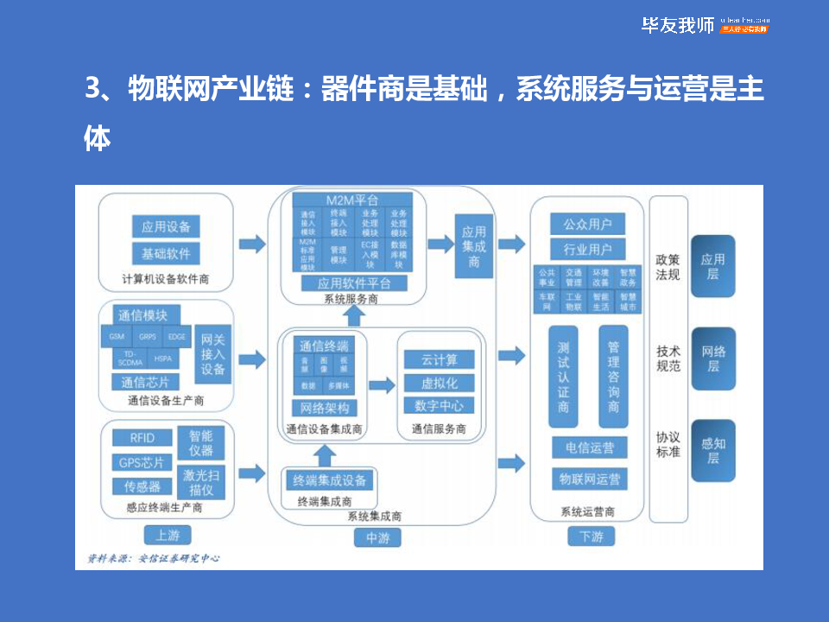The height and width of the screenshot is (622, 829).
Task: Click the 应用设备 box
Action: pyautogui.click(x=165, y=226)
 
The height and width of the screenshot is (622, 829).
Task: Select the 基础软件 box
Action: pyautogui.click(x=165, y=253)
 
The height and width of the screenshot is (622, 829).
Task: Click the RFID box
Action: pyautogui.click(x=142, y=438)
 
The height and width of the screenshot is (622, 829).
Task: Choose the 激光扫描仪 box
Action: pyautogui.click(x=200, y=483)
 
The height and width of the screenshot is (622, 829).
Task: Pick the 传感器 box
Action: pyautogui.click(x=142, y=486)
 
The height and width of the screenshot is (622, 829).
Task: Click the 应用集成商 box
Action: pyautogui.click(x=473, y=246)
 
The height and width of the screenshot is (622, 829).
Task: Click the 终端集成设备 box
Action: pyautogui.click(x=329, y=480)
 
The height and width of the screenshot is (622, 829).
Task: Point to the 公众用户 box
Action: pyautogui.click(x=587, y=224)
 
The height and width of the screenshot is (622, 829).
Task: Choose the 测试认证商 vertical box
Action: pyautogui.click(x=562, y=377)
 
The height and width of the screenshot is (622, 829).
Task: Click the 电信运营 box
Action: pyautogui.click(x=589, y=447)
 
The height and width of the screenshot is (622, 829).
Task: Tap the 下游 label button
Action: pyautogui.click(x=592, y=536)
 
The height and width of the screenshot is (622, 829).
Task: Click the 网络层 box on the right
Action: pyautogui.click(x=712, y=359)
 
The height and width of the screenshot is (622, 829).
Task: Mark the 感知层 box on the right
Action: pyautogui.click(x=712, y=450)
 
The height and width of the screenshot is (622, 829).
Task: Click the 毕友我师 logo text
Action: pyautogui.click(x=677, y=25)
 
